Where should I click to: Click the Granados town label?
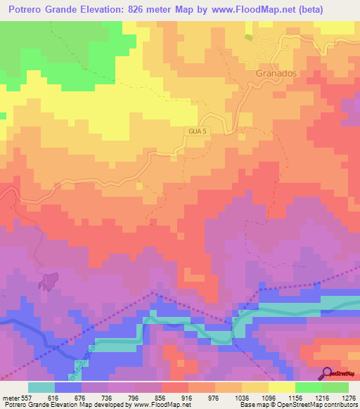tap(270, 72)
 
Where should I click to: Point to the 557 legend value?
tap(23, 397)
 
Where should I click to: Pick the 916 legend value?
tap(174, 397)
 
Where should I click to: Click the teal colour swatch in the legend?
tap(41, 387)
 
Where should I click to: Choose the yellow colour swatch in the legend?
tap(282, 387)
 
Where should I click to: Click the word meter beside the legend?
tap(9, 397)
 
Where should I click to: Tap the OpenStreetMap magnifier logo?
tap(328, 372)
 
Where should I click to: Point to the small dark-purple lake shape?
tap(49, 281)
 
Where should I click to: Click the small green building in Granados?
tap(247, 37)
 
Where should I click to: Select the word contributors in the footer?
tap(340, 405)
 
